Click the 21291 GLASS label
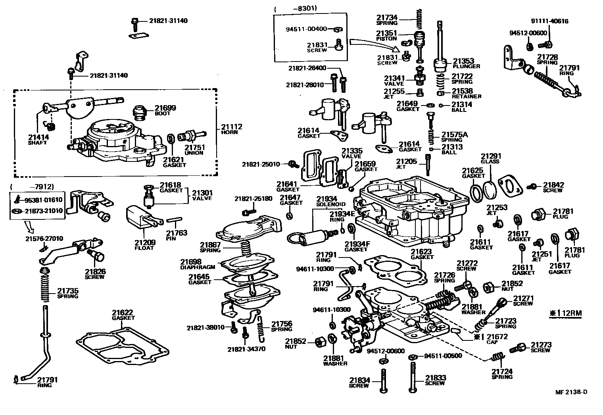tap(491, 158)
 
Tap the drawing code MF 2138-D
tap(571, 392)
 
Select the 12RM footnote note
tap(565, 313)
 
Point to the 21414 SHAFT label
tap(38, 140)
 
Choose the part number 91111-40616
tap(549, 21)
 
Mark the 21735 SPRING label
tap(67, 293)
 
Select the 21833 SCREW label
tap(435, 380)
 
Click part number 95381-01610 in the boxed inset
tap(44, 200)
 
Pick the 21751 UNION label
tap(194, 150)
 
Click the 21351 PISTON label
tap(386, 36)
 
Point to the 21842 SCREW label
tap(553, 187)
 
